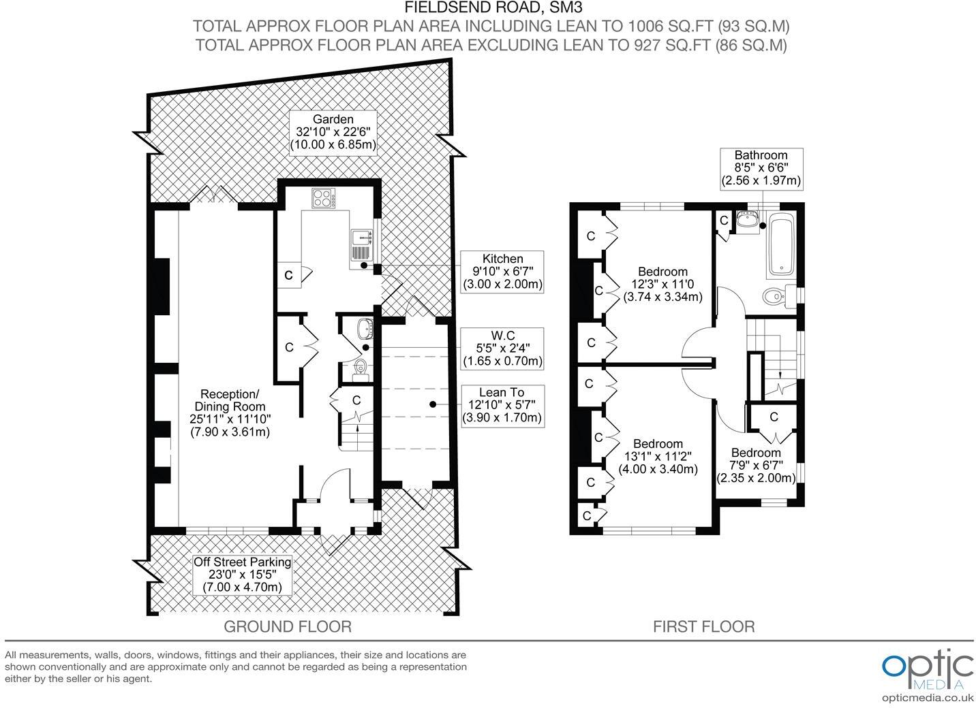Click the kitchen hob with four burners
(323, 198)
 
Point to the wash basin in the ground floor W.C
(365, 329)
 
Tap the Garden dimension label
(333, 132)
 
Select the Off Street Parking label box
(242, 575)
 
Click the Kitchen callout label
(502, 272)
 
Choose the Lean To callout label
(502, 406)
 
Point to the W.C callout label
(502, 349)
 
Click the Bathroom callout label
(761, 168)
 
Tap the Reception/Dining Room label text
(230, 413)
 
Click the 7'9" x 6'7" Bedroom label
(756, 465)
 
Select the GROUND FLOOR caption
(288, 626)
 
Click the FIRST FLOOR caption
(703, 626)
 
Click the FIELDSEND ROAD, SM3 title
(493, 7)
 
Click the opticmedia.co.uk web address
(928, 698)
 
